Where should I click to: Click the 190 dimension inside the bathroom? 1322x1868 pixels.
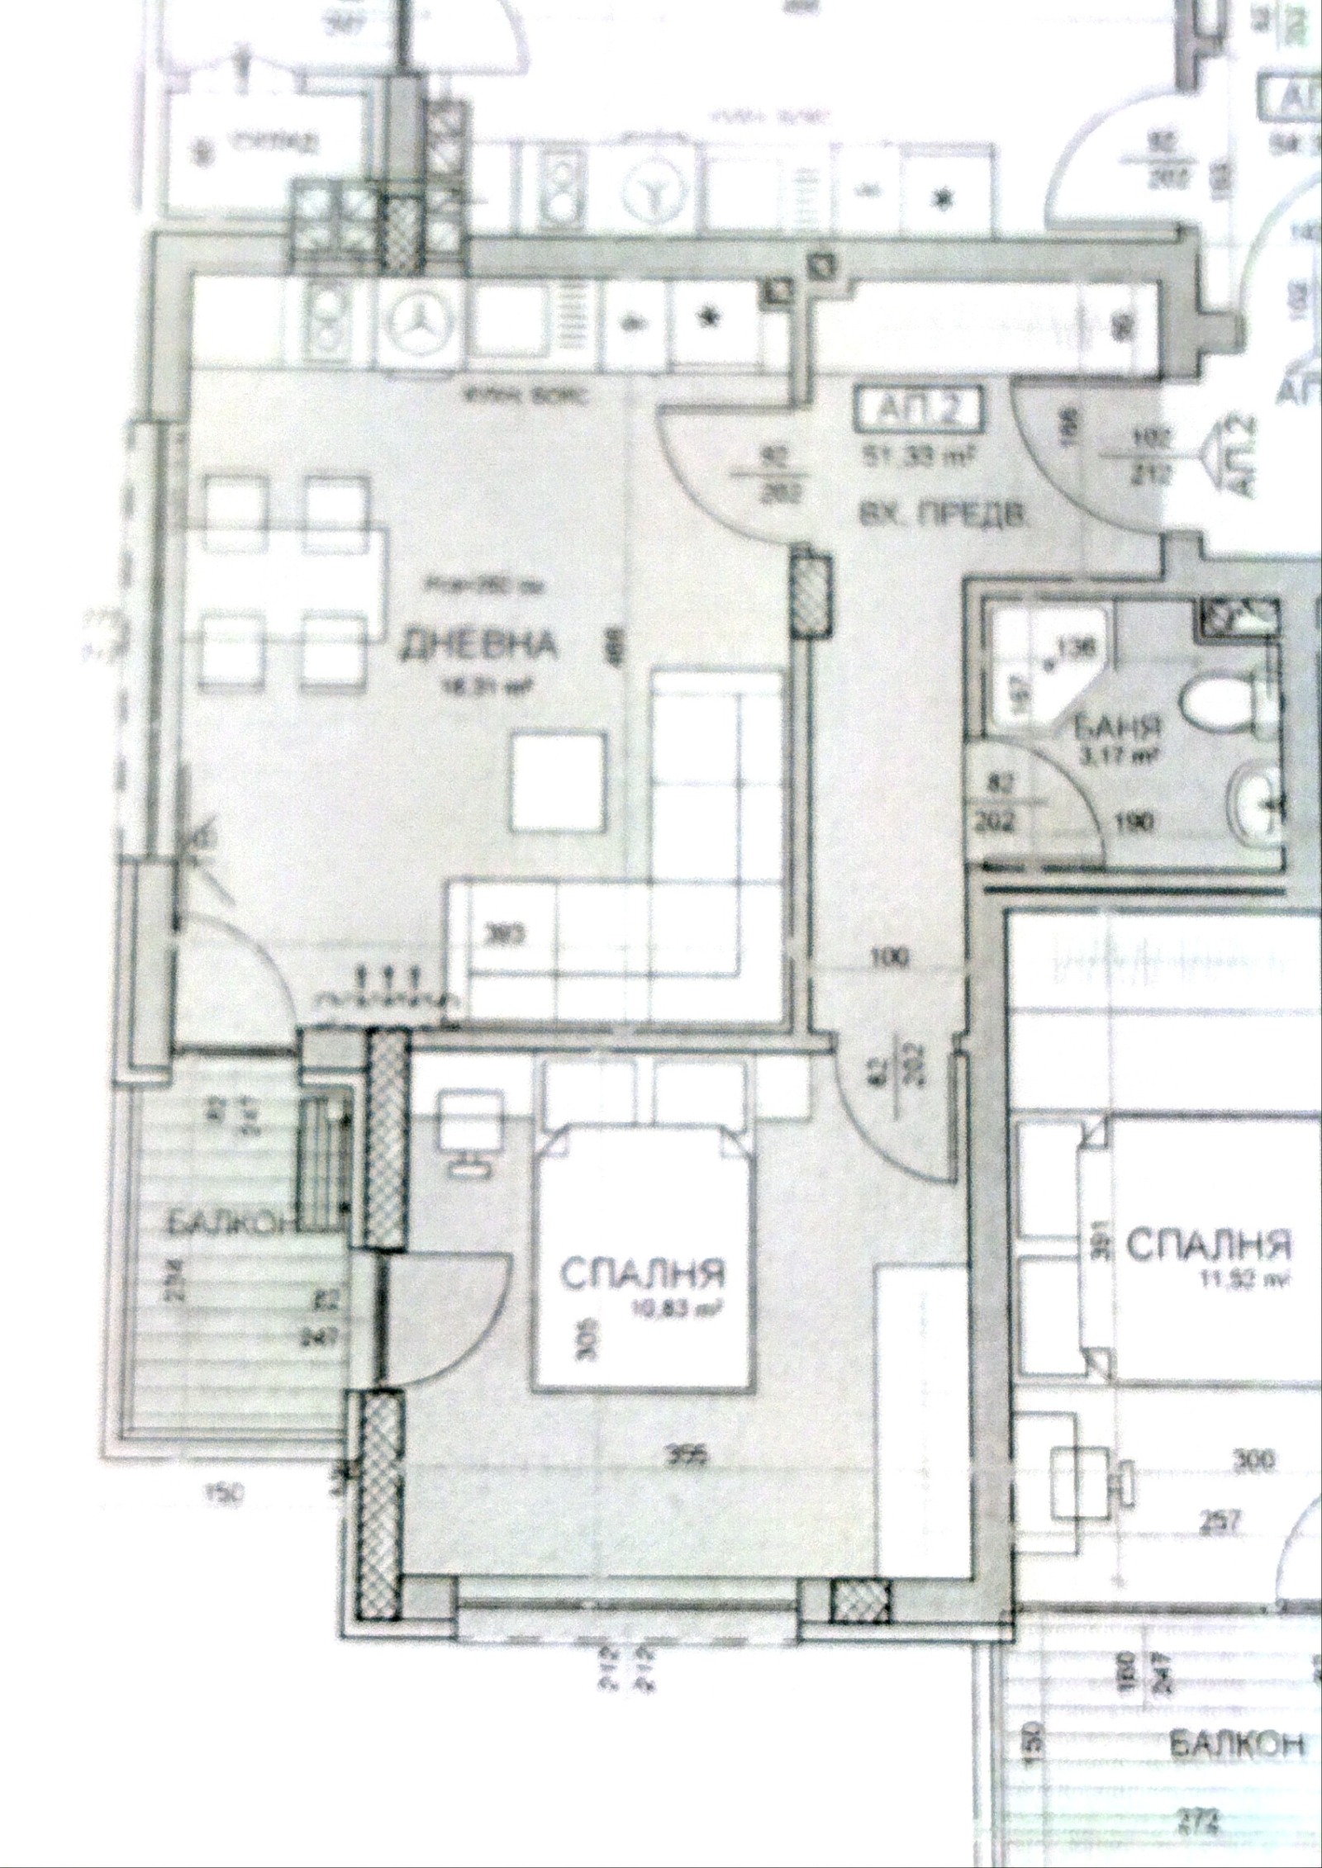tap(1139, 823)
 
